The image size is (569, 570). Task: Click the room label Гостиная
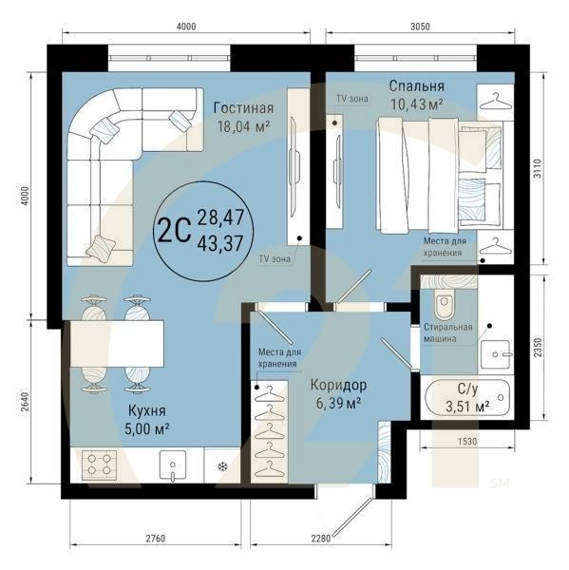pyautogui.click(x=243, y=106)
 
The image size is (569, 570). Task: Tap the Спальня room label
pyautogui.click(x=417, y=85)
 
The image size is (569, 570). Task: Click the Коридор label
pyautogui.click(x=339, y=385)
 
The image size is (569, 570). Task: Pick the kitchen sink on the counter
pyautogui.click(x=172, y=465)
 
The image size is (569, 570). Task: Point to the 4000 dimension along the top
pyautogui.click(x=186, y=27)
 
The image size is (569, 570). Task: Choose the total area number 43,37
pyautogui.click(x=218, y=244)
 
